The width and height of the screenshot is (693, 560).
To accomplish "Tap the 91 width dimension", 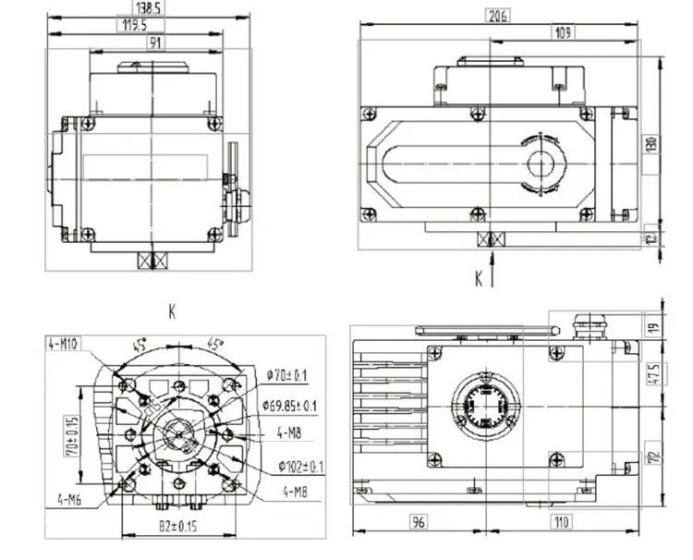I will [151, 43].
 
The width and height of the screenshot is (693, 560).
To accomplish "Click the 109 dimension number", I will [560, 33].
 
